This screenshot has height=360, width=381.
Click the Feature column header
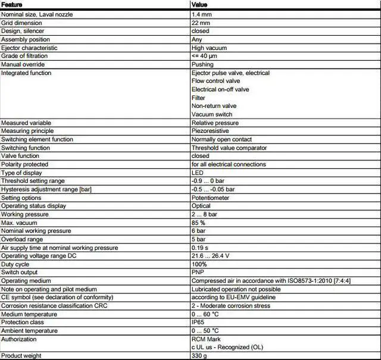(13, 4)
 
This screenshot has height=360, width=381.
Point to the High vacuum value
(207, 48)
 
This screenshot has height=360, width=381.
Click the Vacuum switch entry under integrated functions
(212, 114)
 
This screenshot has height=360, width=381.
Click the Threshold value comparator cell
(229, 148)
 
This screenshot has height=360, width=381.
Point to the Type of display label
(21, 173)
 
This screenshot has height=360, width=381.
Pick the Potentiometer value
(211, 198)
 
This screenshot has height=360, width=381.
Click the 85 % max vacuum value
(199, 223)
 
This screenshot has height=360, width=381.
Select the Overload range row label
(21, 239)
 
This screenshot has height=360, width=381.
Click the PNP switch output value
(198, 272)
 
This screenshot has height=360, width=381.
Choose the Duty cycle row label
(15, 264)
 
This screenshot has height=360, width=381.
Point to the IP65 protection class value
(199, 322)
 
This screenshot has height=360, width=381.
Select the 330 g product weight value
(199, 356)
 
